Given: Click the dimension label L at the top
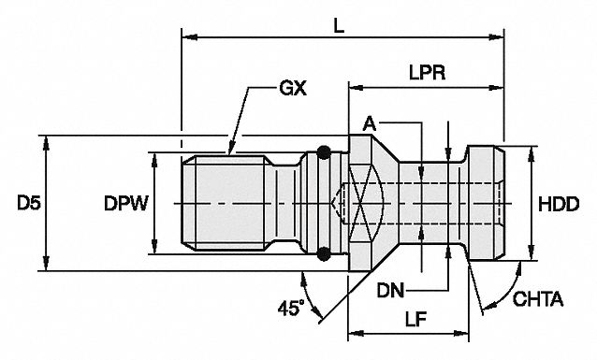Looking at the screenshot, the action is point(339,26).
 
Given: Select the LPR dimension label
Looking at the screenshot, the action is point(428,73).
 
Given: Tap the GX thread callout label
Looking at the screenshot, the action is point(293,88).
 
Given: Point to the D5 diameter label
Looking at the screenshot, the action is point(29,203).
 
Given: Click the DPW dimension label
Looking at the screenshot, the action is point(125,204).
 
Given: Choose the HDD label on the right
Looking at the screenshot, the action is point(559,205).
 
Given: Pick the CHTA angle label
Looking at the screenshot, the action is point(538,299).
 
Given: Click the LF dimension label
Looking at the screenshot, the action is point(415,319).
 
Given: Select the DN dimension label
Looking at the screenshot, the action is point(390,291).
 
